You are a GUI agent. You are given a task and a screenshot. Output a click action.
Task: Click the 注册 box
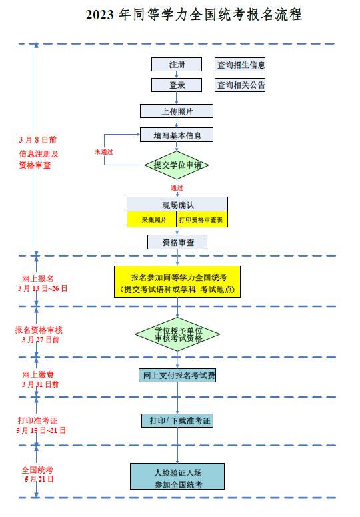point(177,65)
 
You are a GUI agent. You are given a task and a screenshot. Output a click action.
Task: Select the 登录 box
point(177,85)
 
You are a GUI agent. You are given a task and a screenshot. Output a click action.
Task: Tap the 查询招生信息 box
point(240,65)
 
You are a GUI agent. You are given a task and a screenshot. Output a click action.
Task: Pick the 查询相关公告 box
point(240,85)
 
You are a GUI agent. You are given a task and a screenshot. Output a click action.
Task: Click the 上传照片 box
point(177,111)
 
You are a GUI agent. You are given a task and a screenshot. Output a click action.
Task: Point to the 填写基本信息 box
point(177,135)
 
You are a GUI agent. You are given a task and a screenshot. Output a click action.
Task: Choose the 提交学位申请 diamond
point(177,165)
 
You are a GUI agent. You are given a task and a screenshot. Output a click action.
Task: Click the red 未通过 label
point(104,152)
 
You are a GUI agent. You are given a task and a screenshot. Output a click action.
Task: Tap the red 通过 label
point(177,188)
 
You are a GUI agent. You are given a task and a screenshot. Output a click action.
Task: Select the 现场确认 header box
point(177,204)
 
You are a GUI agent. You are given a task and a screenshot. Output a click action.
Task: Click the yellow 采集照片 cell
point(152,219)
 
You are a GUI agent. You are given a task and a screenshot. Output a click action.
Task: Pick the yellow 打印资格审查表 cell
point(202,219)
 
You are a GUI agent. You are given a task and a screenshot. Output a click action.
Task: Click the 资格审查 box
point(177,242)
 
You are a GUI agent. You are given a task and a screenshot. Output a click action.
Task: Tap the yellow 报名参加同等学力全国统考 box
point(177,282)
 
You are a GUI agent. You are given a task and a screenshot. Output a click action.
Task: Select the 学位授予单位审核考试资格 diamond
point(177,334)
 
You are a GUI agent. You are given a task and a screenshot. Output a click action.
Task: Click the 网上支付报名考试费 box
point(177,375)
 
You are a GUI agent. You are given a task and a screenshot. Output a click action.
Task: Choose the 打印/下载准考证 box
point(177,420)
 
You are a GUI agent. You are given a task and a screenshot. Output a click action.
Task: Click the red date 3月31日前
point(40,384)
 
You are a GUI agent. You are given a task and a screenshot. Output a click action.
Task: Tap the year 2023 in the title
point(99,15)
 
